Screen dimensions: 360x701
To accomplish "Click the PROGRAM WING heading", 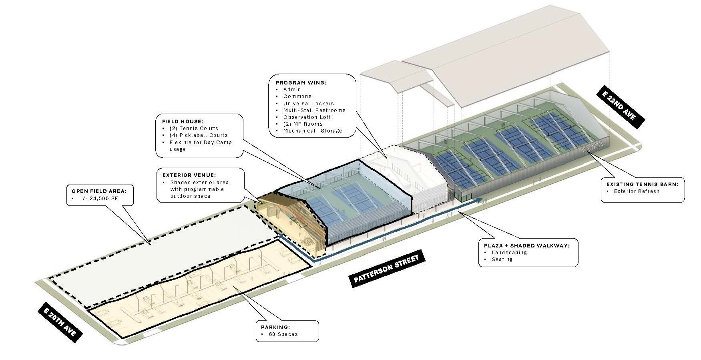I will pos(301,83).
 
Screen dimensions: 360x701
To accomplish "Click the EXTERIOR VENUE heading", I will pos(189,175).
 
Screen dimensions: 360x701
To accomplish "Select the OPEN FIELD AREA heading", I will pos(101,191).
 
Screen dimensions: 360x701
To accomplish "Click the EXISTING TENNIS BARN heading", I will pos(643,184).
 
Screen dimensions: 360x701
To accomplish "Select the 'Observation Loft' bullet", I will pos(307,117).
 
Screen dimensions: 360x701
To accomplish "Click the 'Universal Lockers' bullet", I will pos(308,103).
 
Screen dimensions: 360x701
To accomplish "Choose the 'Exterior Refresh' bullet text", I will pos(637,191).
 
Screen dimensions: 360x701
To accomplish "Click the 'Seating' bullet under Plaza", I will pos(502,259).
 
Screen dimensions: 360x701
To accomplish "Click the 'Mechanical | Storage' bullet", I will pos(312,131).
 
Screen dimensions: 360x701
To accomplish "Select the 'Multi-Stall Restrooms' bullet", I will pos(314,110).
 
